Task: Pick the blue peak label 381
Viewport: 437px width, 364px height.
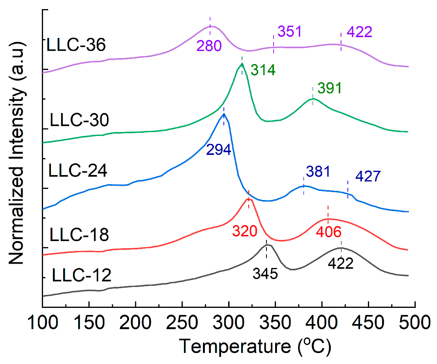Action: pyautogui.click(x=318, y=172)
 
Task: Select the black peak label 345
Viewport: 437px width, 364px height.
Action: pyautogui.click(x=266, y=273)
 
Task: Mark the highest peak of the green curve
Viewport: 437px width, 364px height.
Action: pyautogui.click(x=242, y=64)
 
